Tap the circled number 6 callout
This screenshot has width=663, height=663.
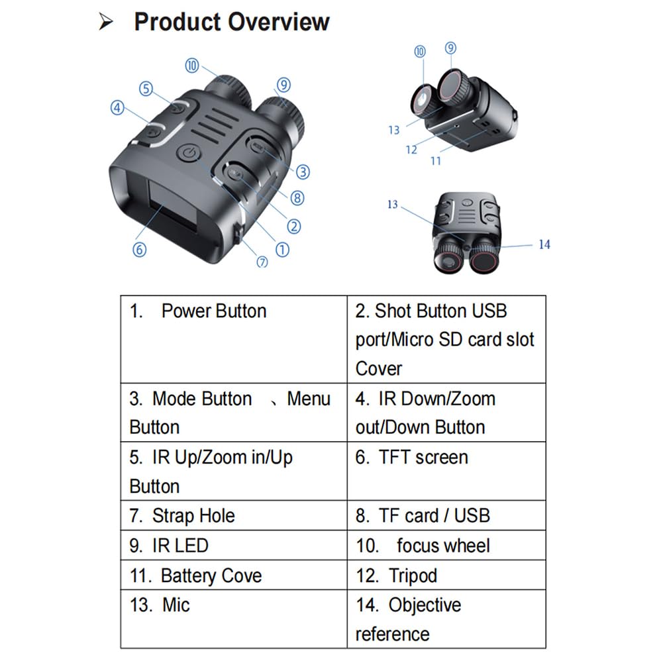pos(139,250)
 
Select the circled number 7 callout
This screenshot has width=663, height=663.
pos(262,261)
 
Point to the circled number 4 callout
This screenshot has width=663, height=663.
pos(117,107)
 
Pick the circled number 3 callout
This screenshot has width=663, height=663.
pos(303,172)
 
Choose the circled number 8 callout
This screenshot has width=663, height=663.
pos(297,197)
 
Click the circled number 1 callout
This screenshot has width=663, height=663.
pos(282,250)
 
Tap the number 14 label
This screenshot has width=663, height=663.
pos(544,244)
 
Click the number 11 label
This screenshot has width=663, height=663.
pos(435,160)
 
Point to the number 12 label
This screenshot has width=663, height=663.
pos(411,150)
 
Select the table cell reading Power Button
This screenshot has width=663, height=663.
pos(233,338)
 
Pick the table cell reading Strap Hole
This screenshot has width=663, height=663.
pos(233,515)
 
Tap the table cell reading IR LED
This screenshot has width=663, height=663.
pos(233,545)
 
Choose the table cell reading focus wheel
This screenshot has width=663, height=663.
pos(446,545)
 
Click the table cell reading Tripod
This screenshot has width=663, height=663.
pos(446,575)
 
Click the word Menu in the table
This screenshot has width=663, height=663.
pos(308,399)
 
